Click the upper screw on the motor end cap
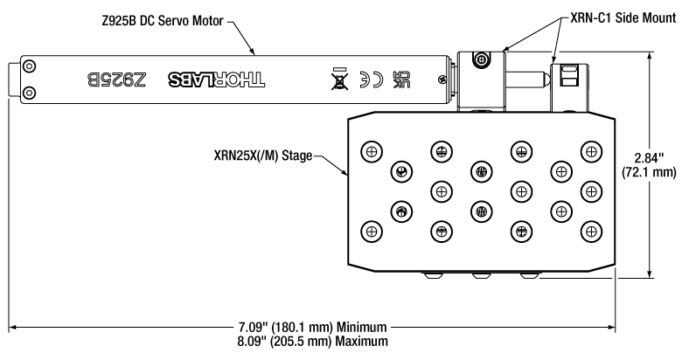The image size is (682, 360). click(30, 67)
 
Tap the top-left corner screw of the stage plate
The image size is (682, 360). click(372, 150)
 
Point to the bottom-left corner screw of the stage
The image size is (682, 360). click(372, 231)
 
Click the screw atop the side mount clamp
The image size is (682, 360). click(478, 59)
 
